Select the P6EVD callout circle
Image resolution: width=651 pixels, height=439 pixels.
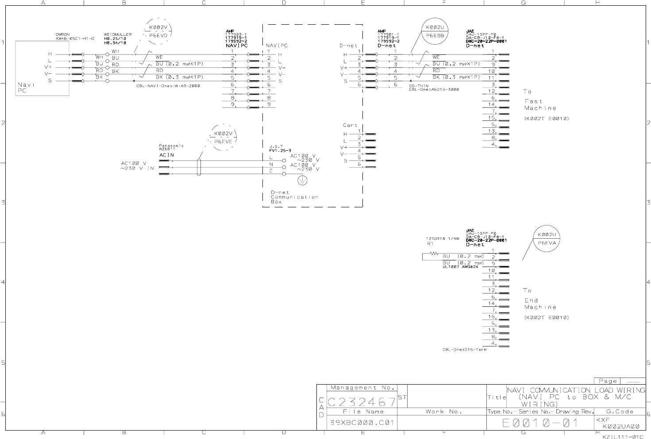[158, 31]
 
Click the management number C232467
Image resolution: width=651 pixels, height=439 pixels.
[362, 402]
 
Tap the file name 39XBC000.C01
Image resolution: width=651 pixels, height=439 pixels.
[362, 423]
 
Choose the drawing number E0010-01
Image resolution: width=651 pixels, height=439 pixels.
[540, 423]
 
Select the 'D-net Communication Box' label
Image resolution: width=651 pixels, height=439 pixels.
[294, 197]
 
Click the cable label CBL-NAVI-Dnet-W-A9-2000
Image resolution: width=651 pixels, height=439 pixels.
[168, 86]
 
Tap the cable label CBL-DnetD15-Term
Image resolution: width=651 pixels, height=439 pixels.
[464, 350]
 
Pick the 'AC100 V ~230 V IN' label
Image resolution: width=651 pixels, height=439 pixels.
[138, 166]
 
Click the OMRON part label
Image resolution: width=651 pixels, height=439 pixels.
[75, 37]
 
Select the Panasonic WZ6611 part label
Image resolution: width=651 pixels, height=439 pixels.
[171, 147]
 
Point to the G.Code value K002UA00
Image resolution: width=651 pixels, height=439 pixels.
[620, 427]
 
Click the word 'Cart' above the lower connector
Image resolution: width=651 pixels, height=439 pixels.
[350, 125]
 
